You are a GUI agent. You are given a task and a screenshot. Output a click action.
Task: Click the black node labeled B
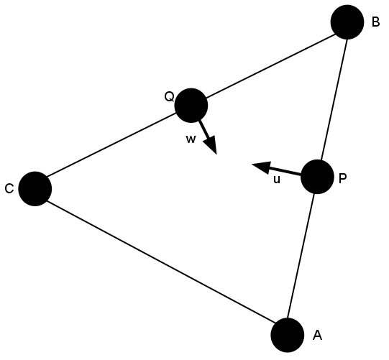(347, 22)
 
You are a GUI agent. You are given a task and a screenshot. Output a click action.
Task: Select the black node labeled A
(288, 335)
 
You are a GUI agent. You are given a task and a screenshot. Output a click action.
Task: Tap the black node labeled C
(35, 189)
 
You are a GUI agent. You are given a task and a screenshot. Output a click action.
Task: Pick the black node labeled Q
(191, 106)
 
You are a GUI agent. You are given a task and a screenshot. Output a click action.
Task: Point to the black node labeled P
(317, 177)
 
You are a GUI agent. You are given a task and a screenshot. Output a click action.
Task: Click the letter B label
(375, 22)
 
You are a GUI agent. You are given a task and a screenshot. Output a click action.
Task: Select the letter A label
(317, 336)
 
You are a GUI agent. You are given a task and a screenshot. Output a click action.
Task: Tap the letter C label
(9, 189)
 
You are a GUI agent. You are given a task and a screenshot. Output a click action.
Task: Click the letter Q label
(169, 97)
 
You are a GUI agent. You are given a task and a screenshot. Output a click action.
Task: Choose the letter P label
(342, 178)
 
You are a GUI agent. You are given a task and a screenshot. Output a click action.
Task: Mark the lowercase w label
(191, 139)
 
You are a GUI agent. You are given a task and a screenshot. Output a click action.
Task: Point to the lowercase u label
(277, 180)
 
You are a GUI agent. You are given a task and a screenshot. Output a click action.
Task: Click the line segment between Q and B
(270, 66)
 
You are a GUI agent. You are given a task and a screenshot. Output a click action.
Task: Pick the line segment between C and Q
(111, 145)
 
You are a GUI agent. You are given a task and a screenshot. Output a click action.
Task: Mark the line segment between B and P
(334, 99)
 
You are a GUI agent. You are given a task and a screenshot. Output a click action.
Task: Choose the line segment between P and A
(301, 256)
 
